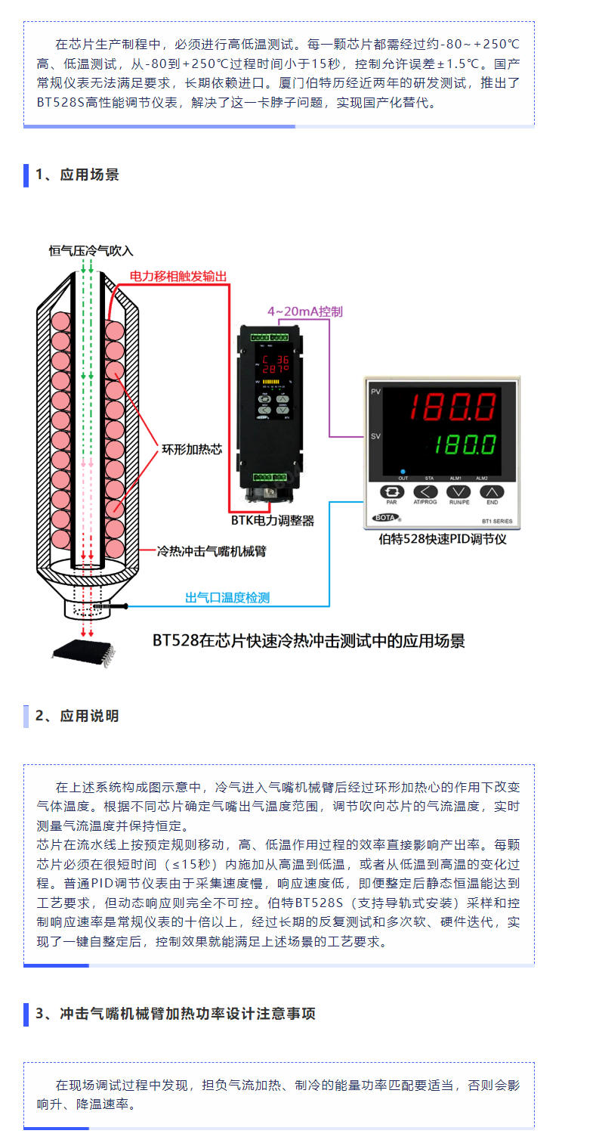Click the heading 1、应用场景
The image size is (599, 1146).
(x=77, y=175)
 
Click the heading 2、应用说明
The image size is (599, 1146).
(x=77, y=716)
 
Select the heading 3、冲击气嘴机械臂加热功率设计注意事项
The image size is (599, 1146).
(x=175, y=1014)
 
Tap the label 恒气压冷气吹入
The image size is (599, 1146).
(x=91, y=251)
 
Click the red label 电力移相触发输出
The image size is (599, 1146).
(x=178, y=277)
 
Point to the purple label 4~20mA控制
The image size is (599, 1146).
(x=305, y=311)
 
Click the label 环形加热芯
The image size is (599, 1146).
(x=192, y=449)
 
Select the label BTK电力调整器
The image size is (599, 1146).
(x=273, y=521)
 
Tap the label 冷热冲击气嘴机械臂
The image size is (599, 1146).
(x=211, y=551)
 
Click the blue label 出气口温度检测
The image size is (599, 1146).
(x=227, y=597)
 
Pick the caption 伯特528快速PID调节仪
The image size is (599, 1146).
(x=443, y=539)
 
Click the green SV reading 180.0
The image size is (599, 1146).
(x=465, y=444)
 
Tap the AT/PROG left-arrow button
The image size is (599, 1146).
(x=425, y=492)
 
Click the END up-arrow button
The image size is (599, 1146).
(x=492, y=492)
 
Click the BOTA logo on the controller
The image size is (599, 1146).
(x=386, y=518)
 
